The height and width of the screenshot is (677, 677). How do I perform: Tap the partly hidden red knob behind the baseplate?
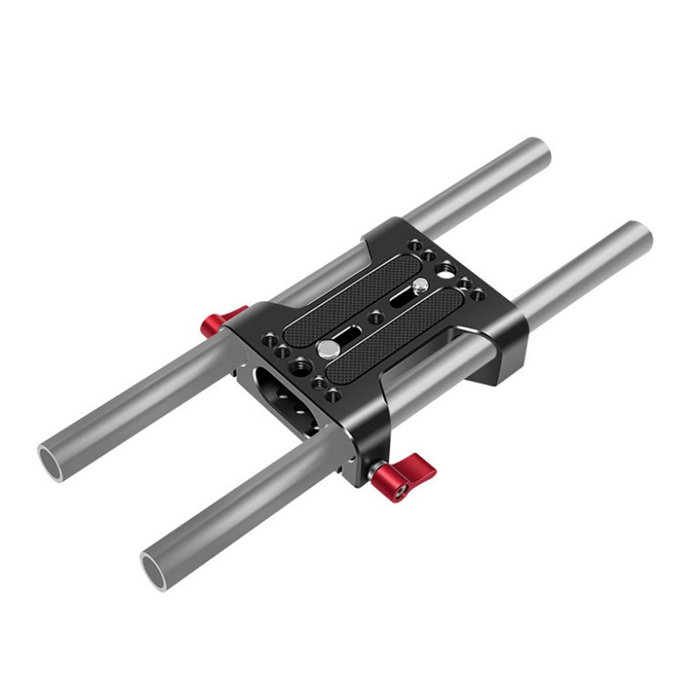220,319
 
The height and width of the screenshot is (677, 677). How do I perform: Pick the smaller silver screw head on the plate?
419,287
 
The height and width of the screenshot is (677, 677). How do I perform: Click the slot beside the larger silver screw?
348,332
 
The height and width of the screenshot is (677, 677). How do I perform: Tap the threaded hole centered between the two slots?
376,317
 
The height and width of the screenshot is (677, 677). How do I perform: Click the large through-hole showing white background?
445,269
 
